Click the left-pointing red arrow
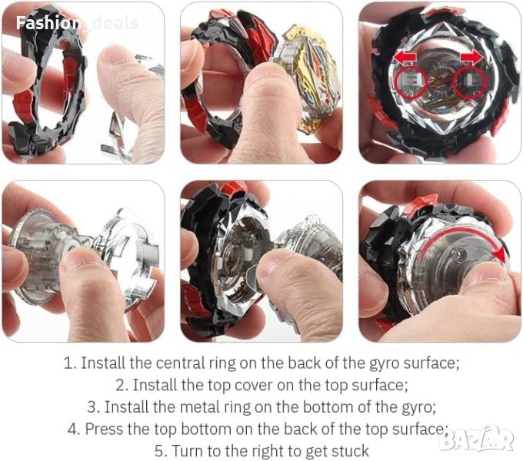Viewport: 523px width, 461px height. pos(405,57)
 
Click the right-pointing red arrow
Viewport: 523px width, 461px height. pos(471,57)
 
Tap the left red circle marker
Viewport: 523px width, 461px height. pos(411,82)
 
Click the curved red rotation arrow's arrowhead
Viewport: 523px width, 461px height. pos(499,256)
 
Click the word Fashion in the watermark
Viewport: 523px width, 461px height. pos(47,22)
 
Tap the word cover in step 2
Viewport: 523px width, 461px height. pos(254,385)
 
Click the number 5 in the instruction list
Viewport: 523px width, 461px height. pos(159,451)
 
